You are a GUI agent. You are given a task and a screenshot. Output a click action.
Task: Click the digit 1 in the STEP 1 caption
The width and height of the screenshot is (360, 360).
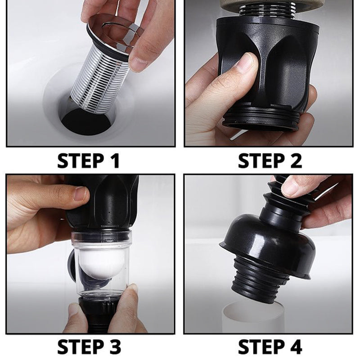pos(115,161)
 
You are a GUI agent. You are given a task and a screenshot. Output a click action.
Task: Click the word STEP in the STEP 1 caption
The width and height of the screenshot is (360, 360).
pos(81,161)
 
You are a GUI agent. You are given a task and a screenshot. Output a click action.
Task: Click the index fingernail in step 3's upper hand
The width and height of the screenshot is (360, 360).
pos(81,193)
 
